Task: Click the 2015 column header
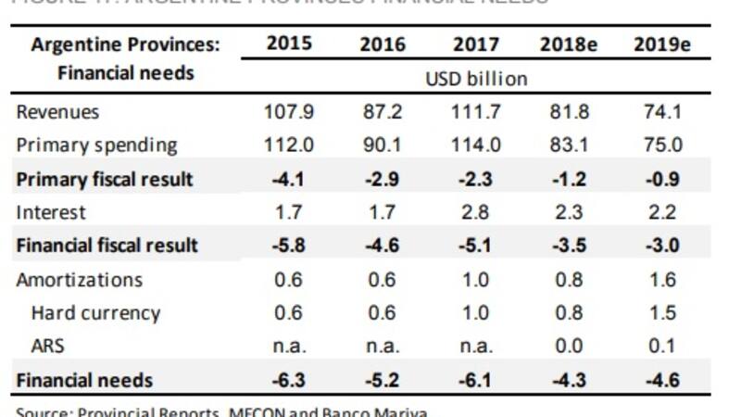click(289, 44)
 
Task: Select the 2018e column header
click(566, 44)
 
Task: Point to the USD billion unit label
click(476, 79)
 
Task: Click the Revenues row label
click(57, 112)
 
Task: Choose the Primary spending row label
click(96, 145)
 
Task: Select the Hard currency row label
click(95, 313)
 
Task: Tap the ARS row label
click(49, 347)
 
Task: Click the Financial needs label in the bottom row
click(84, 380)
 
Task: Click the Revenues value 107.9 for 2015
click(289, 112)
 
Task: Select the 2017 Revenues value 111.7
click(475, 112)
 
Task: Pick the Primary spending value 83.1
click(566, 145)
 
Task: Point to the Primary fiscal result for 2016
click(382, 179)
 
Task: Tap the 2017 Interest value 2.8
click(475, 212)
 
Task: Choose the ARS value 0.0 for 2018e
click(566, 347)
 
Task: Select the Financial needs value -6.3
click(289, 380)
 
